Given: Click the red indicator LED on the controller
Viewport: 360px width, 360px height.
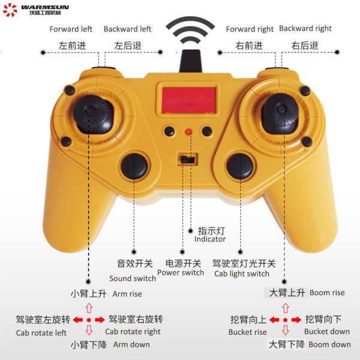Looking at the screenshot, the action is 188,131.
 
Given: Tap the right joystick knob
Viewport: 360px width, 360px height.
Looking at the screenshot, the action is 280,113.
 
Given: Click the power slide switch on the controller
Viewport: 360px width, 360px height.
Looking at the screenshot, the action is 187,159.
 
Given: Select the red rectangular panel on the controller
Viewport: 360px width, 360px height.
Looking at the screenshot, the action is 188,100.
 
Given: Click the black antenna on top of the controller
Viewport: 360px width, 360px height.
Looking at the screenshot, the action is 190,61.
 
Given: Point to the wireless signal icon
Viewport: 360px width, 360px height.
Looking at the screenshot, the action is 190,30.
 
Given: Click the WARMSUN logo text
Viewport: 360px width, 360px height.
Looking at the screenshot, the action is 45,7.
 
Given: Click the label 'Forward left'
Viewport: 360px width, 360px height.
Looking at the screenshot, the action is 71,29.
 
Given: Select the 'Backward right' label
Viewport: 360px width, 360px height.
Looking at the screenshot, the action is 305,28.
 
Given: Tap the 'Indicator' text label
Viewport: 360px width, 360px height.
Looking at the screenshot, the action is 210,239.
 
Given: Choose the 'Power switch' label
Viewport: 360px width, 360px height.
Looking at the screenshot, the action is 181,272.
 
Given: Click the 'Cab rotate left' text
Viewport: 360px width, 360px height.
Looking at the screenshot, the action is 41,332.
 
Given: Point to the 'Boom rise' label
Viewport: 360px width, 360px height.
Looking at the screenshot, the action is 327,293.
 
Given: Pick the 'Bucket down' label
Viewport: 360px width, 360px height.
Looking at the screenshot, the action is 327,331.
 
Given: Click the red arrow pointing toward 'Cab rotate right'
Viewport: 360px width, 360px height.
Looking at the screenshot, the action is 100,320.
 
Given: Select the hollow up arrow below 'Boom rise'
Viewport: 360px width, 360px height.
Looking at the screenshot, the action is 286,308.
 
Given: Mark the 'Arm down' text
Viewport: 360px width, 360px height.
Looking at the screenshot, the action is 131,344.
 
